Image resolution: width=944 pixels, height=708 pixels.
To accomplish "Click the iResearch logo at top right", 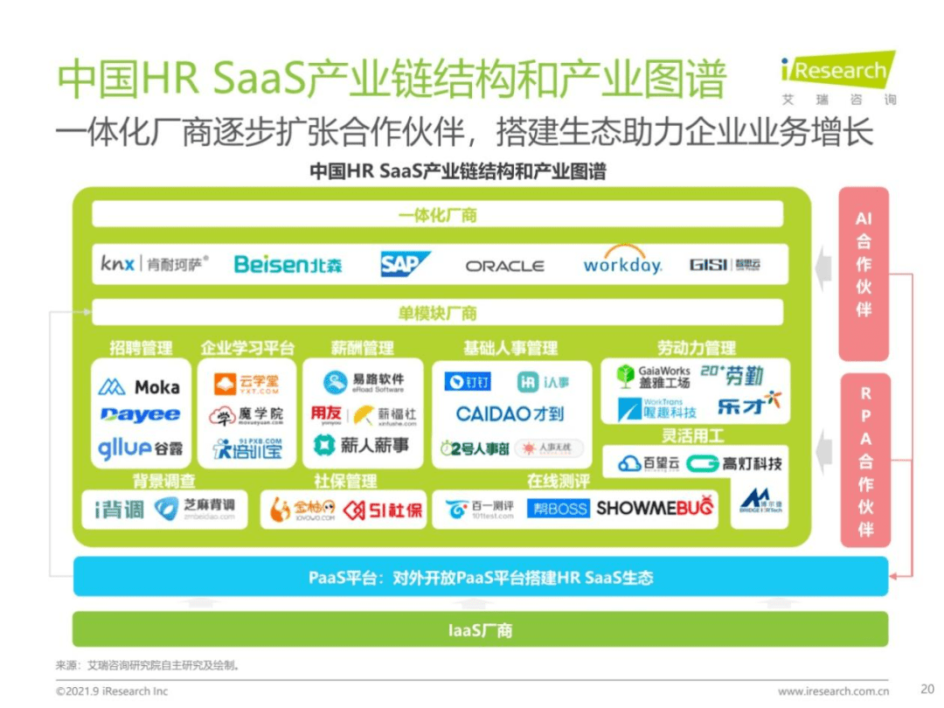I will (x=837, y=76).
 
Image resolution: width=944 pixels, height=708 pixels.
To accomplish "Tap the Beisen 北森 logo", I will (x=288, y=264).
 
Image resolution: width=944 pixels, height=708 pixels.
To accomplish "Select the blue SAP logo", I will (x=406, y=264).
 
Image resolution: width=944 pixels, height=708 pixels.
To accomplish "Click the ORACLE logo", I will (x=504, y=266).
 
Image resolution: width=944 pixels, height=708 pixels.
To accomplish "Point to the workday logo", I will (x=622, y=263).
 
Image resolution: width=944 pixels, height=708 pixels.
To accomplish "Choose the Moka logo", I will (x=140, y=386).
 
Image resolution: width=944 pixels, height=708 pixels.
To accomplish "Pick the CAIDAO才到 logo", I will (x=510, y=413).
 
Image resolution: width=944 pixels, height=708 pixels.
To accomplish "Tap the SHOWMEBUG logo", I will (x=655, y=508).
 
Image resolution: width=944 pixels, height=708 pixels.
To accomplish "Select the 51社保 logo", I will (x=383, y=510).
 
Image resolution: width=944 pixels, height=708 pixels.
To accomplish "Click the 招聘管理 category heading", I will (x=141, y=348).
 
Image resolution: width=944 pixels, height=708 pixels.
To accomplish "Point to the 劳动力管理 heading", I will (x=696, y=348).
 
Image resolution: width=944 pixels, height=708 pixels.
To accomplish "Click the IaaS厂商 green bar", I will (x=480, y=630).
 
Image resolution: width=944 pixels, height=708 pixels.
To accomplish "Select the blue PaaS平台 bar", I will (x=480, y=578).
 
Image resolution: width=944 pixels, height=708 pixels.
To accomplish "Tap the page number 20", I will (x=927, y=688).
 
